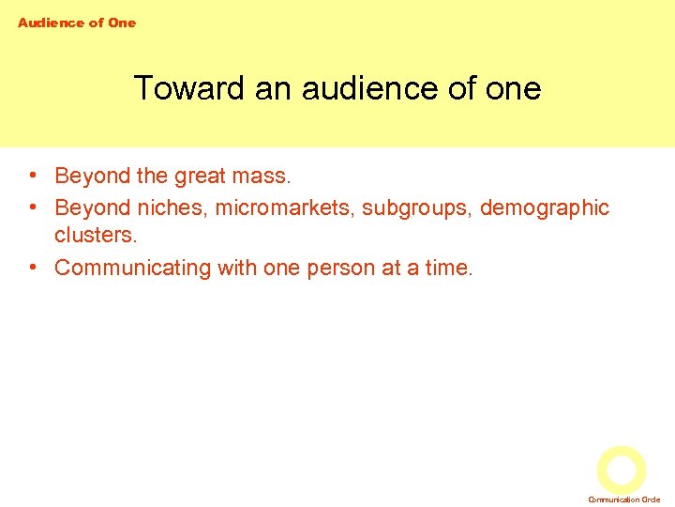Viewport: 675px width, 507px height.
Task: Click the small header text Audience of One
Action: tap(77, 23)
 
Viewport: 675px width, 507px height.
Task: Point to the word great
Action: tap(208, 176)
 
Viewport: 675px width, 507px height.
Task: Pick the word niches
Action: tap(170, 207)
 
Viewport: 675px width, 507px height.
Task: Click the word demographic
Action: tap(544, 207)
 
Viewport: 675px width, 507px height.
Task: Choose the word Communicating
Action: tap(133, 268)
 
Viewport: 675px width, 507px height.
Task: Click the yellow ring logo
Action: tap(622, 469)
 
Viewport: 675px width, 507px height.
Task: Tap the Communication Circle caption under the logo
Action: tap(624, 499)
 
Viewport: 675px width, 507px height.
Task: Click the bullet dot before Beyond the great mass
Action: tap(33, 176)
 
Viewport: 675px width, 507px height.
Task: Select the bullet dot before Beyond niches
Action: tap(33, 207)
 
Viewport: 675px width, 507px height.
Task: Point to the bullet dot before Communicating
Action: tap(33, 268)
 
